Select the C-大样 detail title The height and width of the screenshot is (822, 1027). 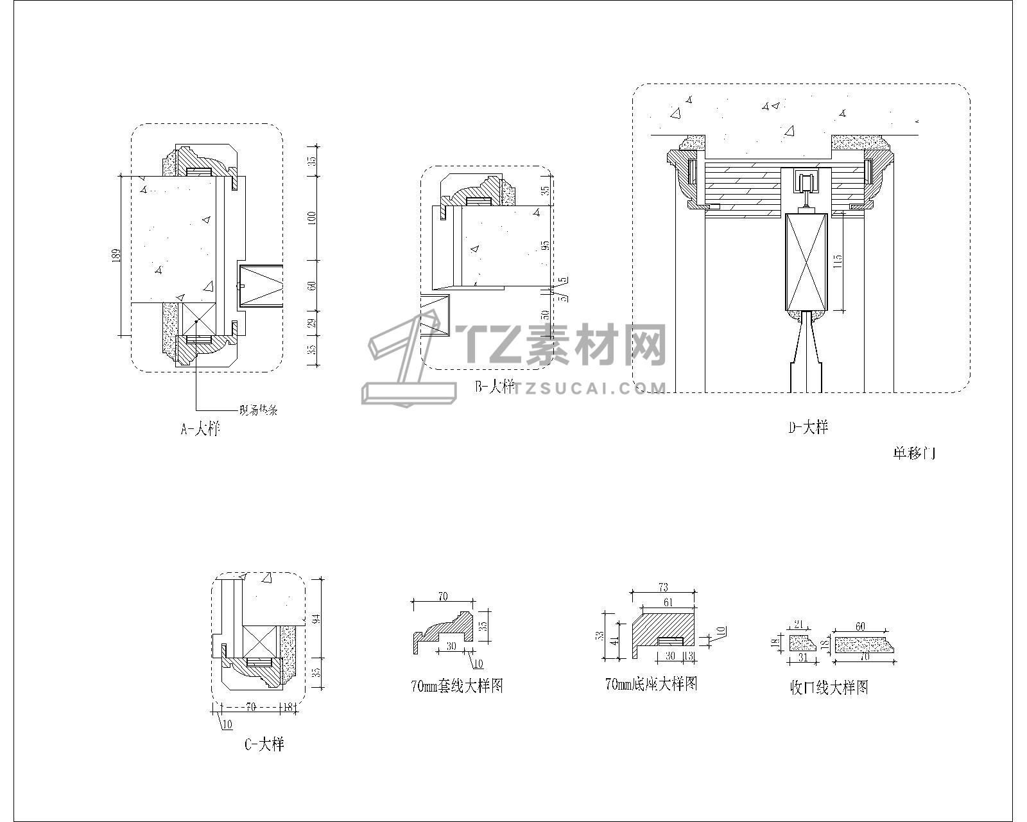point(264,744)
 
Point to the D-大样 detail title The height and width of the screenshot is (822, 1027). point(808,427)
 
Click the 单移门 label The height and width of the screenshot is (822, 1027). point(914,453)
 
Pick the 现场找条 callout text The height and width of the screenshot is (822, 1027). point(258,410)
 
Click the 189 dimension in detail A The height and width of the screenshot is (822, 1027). point(116,254)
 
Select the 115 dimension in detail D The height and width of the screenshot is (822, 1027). point(838,261)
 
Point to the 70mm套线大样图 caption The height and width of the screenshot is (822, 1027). point(456,686)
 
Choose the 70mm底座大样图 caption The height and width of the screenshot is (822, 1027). point(651,684)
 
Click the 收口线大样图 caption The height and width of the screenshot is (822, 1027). point(829,688)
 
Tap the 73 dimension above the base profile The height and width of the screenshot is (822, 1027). point(664,588)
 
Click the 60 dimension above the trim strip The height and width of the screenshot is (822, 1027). point(860,627)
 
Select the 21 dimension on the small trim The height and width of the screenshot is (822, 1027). point(799,624)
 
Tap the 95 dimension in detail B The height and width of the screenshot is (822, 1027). point(545,246)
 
